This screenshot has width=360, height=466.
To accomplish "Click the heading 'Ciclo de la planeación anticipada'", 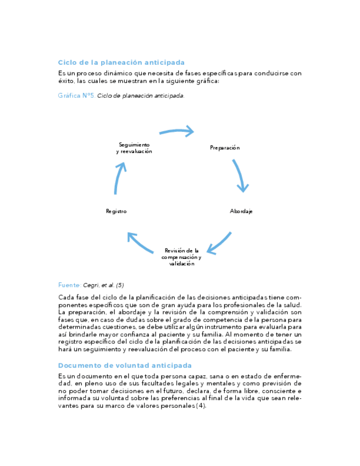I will [121, 63].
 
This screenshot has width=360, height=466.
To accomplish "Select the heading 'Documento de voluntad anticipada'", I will [125, 365].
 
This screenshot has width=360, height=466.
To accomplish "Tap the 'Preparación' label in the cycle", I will [225, 148].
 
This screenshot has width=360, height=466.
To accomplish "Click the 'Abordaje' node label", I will [241, 211].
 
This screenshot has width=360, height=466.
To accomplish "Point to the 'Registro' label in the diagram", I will [117, 211].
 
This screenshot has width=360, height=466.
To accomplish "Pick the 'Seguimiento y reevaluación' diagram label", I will [134, 148].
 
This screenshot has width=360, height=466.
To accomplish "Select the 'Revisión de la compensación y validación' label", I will [181, 257].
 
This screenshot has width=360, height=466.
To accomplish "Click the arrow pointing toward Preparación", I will [178, 131].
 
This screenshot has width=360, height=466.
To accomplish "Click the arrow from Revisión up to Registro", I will [140, 242].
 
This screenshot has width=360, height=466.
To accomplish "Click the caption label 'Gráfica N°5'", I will [76, 96].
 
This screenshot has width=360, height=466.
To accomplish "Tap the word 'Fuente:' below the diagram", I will [69, 285].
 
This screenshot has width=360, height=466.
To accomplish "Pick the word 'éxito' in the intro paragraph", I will [66, 81].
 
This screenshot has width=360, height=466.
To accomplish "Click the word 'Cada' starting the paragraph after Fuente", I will [66, 297].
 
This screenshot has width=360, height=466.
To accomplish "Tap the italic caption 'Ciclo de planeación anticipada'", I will [141, 96].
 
